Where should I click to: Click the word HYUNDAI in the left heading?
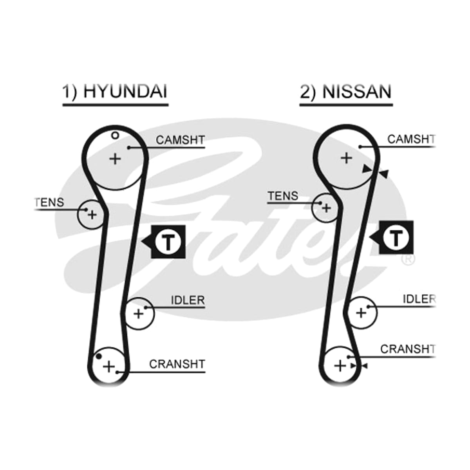pos(125,91)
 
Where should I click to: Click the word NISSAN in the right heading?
pos(357,92)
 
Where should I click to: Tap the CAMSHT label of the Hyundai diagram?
pos(180,140)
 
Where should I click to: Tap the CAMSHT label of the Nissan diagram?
pos(411,139)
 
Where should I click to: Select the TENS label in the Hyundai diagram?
pos(49,202)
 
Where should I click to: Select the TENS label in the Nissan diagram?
pos(283,196)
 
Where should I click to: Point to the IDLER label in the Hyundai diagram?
pos(188,300)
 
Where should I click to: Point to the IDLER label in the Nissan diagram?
pos(419,299)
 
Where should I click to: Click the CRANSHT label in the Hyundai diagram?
pos(177,364)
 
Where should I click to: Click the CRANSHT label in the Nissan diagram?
pos(408,349)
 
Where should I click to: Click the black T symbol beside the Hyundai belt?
pos(168,242)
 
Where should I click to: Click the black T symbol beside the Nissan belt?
pos(396,237)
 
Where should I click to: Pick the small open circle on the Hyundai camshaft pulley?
pos(115,135)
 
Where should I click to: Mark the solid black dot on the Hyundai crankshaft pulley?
pos(99,356)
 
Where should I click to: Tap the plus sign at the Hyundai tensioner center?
pos(92,215)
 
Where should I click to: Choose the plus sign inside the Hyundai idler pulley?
pos(139,314)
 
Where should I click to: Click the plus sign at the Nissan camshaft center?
pos(346,158)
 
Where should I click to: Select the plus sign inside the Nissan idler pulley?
pos(361,313)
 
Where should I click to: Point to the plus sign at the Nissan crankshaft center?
pos(340,366)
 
